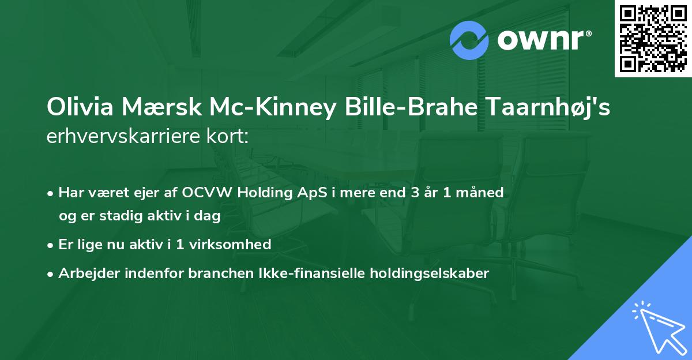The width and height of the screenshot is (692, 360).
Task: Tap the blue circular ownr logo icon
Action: (470, 40)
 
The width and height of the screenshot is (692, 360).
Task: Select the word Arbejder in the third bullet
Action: (85, 273)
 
